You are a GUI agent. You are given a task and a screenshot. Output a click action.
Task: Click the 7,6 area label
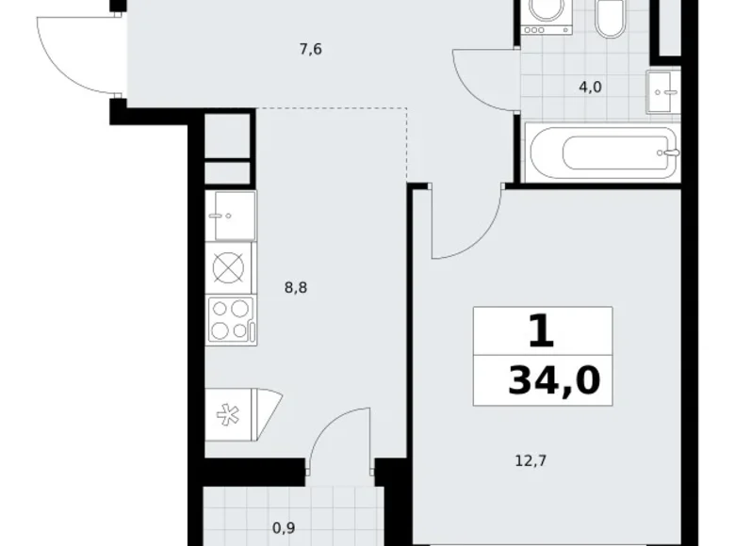(x=311, y=50)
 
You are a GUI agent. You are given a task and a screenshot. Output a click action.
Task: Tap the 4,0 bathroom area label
(x=589, y=88)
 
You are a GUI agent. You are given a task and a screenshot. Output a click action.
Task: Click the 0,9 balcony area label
(x=283, y=527)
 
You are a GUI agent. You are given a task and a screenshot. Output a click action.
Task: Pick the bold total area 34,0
(x=554, y=381)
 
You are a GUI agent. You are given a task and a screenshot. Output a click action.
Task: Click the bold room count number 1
(x=540, y=331)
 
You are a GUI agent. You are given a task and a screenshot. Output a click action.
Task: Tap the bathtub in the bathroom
(x=601, y=152)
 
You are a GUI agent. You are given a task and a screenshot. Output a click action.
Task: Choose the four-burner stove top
(x=229, y=318)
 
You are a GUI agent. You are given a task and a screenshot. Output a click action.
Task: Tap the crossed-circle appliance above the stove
(x=229, y=267)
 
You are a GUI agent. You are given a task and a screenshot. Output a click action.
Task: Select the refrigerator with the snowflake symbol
(x=236, y=413)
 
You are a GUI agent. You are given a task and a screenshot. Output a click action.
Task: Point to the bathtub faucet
(x=670, y=152)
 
